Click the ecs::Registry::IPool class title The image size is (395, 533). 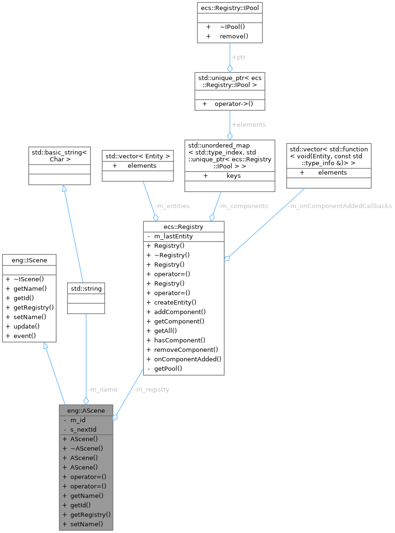click(x=230, y=8)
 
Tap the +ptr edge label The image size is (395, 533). click(x=238, y=57)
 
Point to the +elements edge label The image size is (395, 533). click(x=248, y=124)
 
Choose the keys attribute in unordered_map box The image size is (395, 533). click(x=233, y=175)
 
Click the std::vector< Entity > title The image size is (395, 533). click(x=138, y=156)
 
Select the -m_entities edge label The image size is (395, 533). click(x=172, y=206)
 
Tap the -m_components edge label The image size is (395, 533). click(x=243, y=206)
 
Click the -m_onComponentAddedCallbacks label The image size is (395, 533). click(x=340, y=206)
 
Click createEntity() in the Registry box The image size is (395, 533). click(x=175, y=302)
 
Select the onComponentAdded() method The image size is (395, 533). click(x=188, y=359)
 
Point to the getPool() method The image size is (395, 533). click(x=168, y=368)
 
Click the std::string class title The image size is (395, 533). click(x=86, y=288)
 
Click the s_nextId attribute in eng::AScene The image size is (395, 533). click(x=83, y=429)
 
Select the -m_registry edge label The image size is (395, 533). click(x=151, y=389)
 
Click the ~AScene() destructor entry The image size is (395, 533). click(x=86, y=448)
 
